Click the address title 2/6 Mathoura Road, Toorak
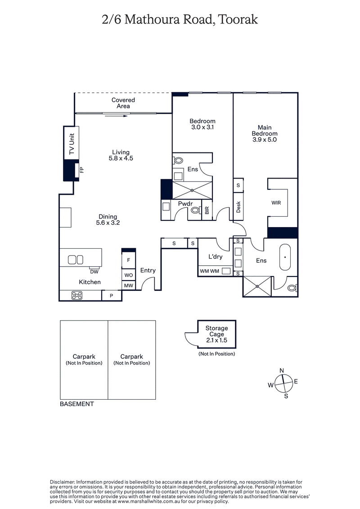pos(180,20)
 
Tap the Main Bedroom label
pos(265,134)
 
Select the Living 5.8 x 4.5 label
pos(121,155)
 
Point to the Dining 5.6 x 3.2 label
pos(108,219)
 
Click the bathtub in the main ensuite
pos(285,257)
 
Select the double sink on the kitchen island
pos(76,259)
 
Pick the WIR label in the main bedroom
pos(276,203)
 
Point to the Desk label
pos(238,207)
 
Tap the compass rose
pos(283,383)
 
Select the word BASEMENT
pos(77,404)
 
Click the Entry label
pos(148,270)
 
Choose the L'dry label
pos(216,257)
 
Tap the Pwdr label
pos(185,204)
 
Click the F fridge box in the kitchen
pos(128,260)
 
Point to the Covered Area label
pos(123,103)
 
